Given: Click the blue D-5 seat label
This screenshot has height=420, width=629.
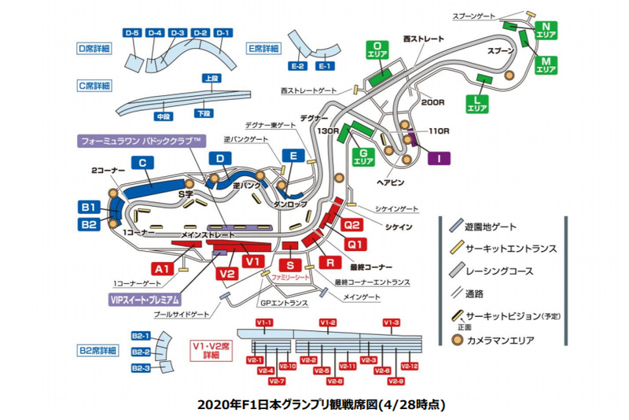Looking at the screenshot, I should [131, 32].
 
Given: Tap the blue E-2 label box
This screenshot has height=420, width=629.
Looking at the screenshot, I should [297, 66].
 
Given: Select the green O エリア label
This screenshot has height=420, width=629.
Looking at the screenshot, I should [378, 50].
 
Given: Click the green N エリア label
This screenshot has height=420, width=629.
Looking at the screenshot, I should [546, 31].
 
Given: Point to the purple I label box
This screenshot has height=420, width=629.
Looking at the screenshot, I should [438, 158].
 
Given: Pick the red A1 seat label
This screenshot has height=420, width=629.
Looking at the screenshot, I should [162, 268].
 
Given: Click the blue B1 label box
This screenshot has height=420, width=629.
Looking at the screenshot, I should [88, 208].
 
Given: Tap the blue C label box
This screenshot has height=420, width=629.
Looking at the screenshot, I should [143, 163].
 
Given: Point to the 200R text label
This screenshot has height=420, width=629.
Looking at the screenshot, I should [433, 102].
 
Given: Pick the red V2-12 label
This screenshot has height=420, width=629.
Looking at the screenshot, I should [409, 366].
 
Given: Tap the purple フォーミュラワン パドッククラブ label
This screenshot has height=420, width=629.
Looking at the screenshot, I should [142, 142].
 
